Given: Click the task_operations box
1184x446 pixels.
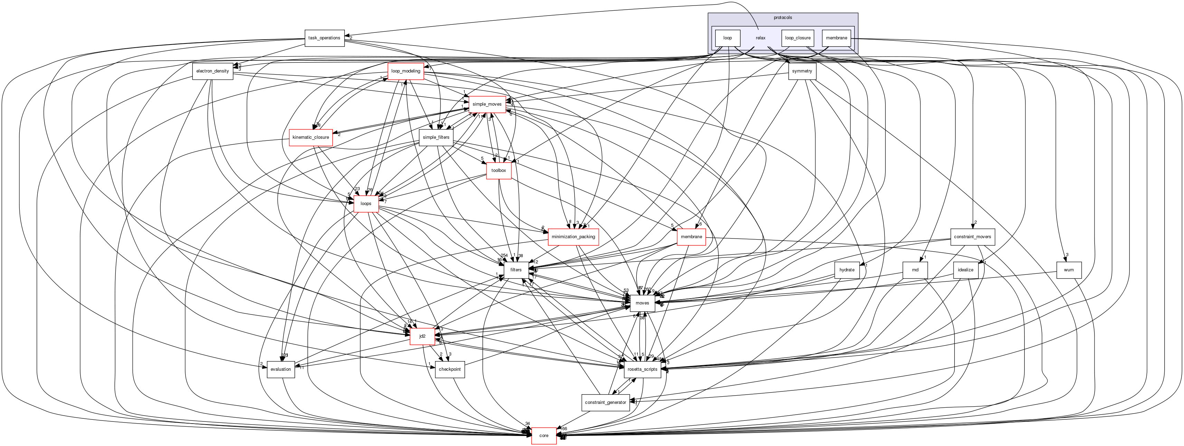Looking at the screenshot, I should [x=324, y=38].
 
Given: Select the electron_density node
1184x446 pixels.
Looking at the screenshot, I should [x=212, y=71].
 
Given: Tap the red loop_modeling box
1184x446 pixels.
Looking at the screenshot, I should [x=405, y=71].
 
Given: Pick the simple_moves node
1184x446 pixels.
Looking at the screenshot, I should [x=487, y=104].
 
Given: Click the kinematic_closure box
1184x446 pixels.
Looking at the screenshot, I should [x=311, y=137].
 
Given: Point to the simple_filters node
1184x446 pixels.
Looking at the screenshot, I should [x=436, y=137].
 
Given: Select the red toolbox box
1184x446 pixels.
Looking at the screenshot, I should [x=498, y=171].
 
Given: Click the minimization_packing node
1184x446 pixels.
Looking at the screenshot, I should [x=573, y=236].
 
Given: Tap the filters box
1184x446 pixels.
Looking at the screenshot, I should [x=516, y=270].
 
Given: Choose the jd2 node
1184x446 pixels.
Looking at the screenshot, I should [x=422, y=336].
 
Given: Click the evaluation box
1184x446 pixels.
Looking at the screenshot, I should [x=281, y=369].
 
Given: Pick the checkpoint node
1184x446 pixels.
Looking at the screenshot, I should [x=449, y=369].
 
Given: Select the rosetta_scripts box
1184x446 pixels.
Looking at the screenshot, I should [x=642, y=369].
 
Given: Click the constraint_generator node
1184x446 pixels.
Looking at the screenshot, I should [x=605, y=403].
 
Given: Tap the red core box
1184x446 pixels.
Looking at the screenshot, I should [x=544, y=435].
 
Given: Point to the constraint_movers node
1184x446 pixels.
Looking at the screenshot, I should [x=973, y=236].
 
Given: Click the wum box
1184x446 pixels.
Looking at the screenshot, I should [x=1069, y=270].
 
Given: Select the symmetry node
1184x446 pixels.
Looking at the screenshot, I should [x=802, y=71].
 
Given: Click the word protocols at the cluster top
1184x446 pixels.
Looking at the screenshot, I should [x=783, y=18].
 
